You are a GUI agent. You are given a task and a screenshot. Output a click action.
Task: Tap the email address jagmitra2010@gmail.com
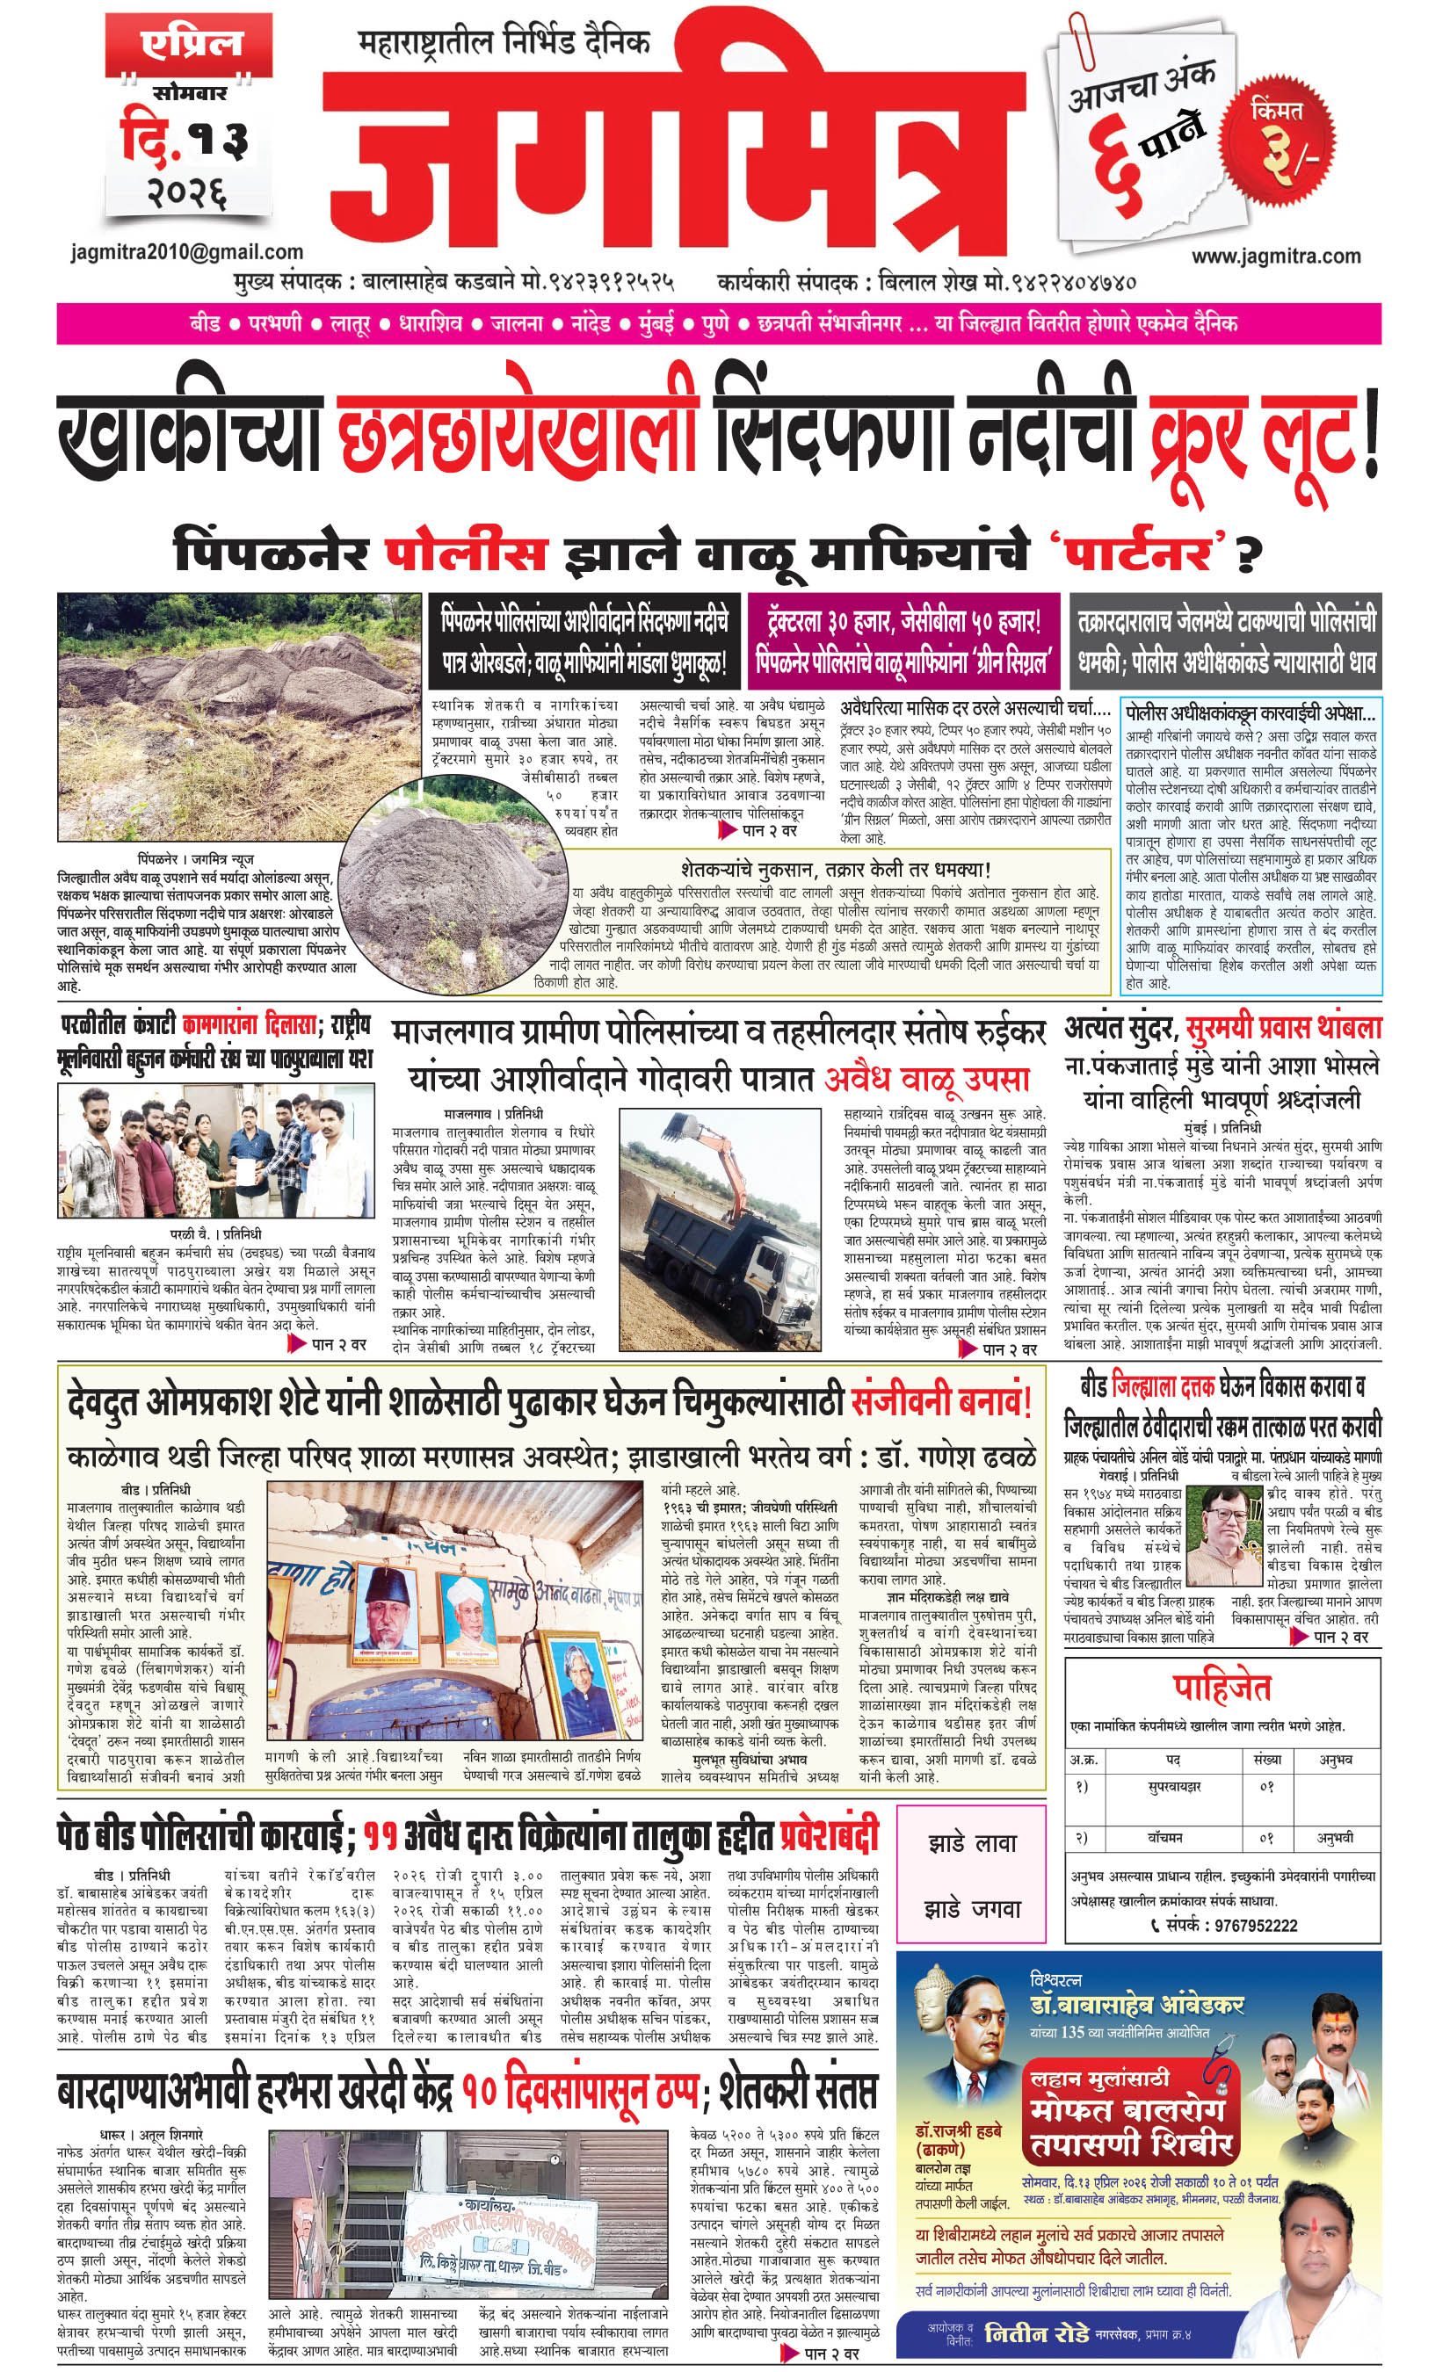coord(187,252)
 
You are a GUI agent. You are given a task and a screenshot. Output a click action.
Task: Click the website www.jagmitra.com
coord(1276,256)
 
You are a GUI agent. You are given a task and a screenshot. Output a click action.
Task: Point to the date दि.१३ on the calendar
coord(183,137)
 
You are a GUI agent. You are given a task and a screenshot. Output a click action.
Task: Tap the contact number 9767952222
coord(1249,1926)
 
